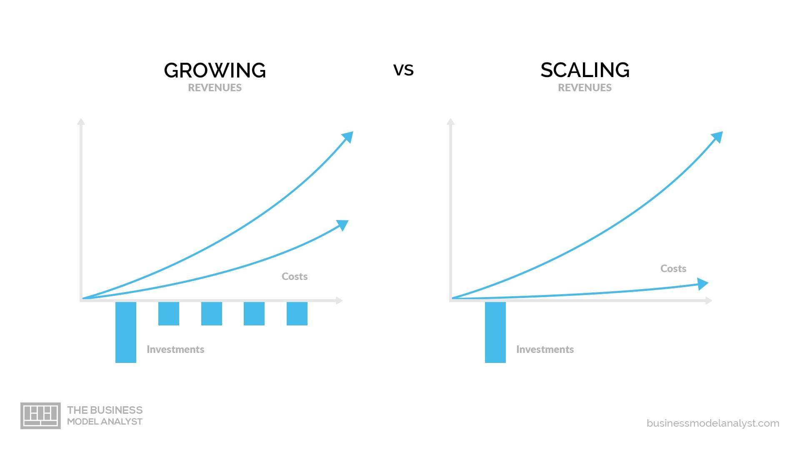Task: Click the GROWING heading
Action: pyautogui.click(x=215, y=70)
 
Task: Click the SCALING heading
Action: pyautogui.click(x=585, y=70)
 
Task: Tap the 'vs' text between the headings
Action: pyautogui.click(x=403, y=70)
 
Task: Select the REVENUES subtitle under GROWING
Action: pyautogui.click(x=215, y=87)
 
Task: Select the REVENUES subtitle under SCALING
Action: pyautogui.click(x=585, y=87)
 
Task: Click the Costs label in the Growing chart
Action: pyautogui.click(x=295, y=276)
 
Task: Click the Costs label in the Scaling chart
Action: pyautogui.click(x=673, y=268)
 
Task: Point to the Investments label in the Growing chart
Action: pyautogui.click(x=175, y=349)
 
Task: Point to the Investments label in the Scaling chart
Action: pyautogui.click(x=545, y=349)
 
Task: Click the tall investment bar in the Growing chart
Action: pyautogui.click(x=126, y=332)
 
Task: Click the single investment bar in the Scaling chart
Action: pyautogui.click(x=495, y=332)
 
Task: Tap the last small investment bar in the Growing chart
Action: pyautogui.click(x=297, y=313)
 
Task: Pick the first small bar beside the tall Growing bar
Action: pyautogui.click(x=169, y=313)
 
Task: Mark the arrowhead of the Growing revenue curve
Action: pyautogui.click(x=348, y=137)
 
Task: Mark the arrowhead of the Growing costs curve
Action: pyautogui.click(x=343, y=225)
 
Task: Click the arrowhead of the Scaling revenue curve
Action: pyautogui.click(x=717, y=137)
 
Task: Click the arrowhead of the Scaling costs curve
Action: pyautogui.click(x=702, y=284)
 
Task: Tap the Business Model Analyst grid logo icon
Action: pyautogui.click(x=40, y=415)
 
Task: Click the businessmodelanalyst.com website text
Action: pyautogui.click(x=712, y=423)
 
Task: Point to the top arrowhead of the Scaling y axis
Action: pyautogui.click(x=450, y=122)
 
